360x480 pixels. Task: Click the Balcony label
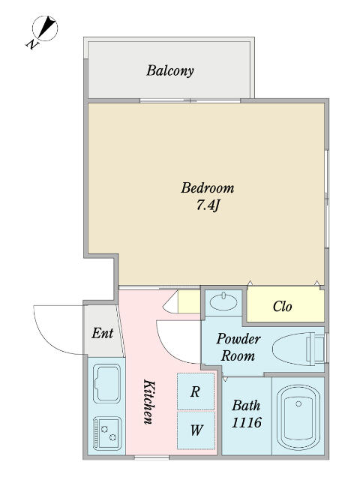pos(170,70)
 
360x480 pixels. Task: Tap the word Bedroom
pos(208,187)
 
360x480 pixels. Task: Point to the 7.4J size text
pos(208,205)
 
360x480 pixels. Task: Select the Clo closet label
pos(282,306)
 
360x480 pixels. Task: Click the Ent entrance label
pos(103,333)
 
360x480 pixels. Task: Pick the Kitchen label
pos(149,402)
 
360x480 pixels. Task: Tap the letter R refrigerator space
pos(195,391)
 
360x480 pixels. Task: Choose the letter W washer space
pos(196,430)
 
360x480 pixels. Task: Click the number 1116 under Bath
pos(247,423)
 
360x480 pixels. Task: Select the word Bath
pos(246,406)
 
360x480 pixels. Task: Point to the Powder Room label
pos(238,347)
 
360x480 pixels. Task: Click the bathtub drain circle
pos(298,403)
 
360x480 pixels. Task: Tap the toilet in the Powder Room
pos(298,349)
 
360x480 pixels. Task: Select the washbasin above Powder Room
pos(223,301)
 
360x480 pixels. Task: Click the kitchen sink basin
pos(106,383)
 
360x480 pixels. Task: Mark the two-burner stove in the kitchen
pos(106,433)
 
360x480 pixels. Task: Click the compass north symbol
pos(45,28)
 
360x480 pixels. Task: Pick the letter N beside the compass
pos(32,45)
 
